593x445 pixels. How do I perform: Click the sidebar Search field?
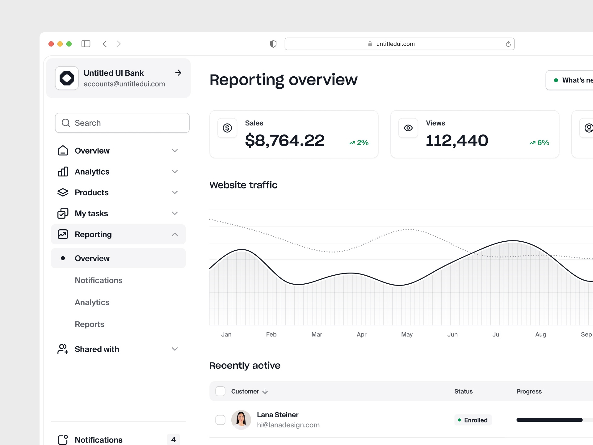click(x=122, y=123)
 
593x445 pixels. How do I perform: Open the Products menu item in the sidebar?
click(x=92, y=193)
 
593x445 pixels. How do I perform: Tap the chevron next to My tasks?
click(x=175, y=214)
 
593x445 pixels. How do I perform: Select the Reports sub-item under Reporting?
click(x=90, y=324)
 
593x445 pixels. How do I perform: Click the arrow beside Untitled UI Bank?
click(x=178, y=73)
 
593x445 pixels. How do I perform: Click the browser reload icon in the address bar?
click(x=508, y=44)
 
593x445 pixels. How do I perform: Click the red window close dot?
click(x=51, y=44)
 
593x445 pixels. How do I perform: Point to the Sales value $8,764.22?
click(x=284, y=141)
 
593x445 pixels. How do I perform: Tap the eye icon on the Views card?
click(x=408, y=128)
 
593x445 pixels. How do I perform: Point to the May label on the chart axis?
click(x=407, y=334)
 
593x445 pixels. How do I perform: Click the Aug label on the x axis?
click(x=540, y=334)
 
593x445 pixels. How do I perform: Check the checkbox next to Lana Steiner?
click(x=220, y=420)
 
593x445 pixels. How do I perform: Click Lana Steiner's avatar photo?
click(x=241, y=420)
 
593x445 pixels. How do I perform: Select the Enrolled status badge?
click(x=473, y=420)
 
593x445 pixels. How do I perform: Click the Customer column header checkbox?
click(x=220, y=391)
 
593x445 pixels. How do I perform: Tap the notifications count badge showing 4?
click(x=173, y=439)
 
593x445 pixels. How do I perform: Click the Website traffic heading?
click(x=243, y=185)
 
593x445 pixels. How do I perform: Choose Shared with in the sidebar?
click(x=97, y=349)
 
